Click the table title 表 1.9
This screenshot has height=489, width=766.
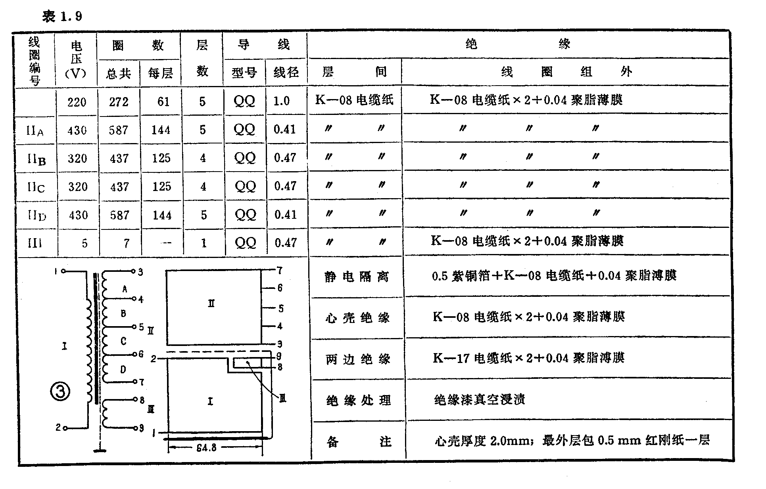pos(62,16)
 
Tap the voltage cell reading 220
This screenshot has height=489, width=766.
pos(77,102)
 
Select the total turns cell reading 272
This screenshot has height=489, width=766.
pos(119,102)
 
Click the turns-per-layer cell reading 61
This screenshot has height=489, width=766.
pos(163,102)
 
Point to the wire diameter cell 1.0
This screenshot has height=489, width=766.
pos(281,101)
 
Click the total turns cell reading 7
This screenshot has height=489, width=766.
pos(126,243)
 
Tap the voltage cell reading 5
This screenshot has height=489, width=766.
pos(84,243)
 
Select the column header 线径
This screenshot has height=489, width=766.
pos(286,73)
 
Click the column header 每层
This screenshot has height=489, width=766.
pos(160,73)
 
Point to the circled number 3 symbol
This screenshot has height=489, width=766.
pos(60,392)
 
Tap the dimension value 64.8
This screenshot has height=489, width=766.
pos(206,448)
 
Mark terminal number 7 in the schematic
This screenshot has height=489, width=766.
pos(141,382)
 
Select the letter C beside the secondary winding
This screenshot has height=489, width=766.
pos(123,341)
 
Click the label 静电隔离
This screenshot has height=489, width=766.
pos(357,277)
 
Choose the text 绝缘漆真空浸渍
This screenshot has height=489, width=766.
pos(479,400)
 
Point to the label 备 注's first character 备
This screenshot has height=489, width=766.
pos(332,441)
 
